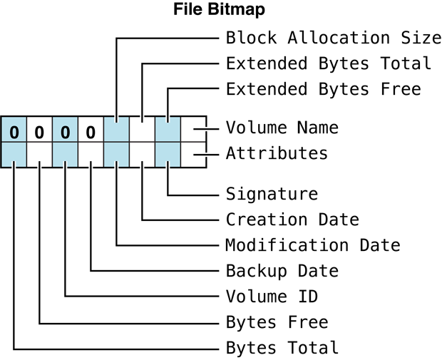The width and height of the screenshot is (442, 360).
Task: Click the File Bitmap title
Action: (220, 11)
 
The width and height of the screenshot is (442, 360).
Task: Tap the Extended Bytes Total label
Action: (329, 63)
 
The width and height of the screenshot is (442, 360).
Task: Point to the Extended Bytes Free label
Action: (323, 89)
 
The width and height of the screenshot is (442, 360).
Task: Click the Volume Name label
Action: (282, 128)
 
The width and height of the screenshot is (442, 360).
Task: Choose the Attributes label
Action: (277, 153)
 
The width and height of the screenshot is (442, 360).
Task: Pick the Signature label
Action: (272, 193)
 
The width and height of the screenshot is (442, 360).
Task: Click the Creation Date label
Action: (292, 220)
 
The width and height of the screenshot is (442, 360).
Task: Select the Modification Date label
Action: (313, 245)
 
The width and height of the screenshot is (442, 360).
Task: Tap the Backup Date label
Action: (282, 271)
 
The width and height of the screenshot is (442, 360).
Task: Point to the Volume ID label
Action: (272, 297)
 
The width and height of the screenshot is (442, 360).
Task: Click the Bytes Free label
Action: (277, 322)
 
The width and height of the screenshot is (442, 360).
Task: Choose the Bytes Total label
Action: (282, 348)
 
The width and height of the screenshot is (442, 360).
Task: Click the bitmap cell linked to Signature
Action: (168, 155)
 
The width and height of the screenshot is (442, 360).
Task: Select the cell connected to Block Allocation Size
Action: (116, 129)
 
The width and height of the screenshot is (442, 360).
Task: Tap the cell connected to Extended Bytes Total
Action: (142, 129)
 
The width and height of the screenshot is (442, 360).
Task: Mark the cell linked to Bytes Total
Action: (14, 155)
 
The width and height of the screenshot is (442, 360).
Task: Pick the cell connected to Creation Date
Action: (142, 155)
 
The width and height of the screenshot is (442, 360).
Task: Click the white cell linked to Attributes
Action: (193, 155)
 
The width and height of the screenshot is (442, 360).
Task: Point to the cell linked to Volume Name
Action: (193, 129)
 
